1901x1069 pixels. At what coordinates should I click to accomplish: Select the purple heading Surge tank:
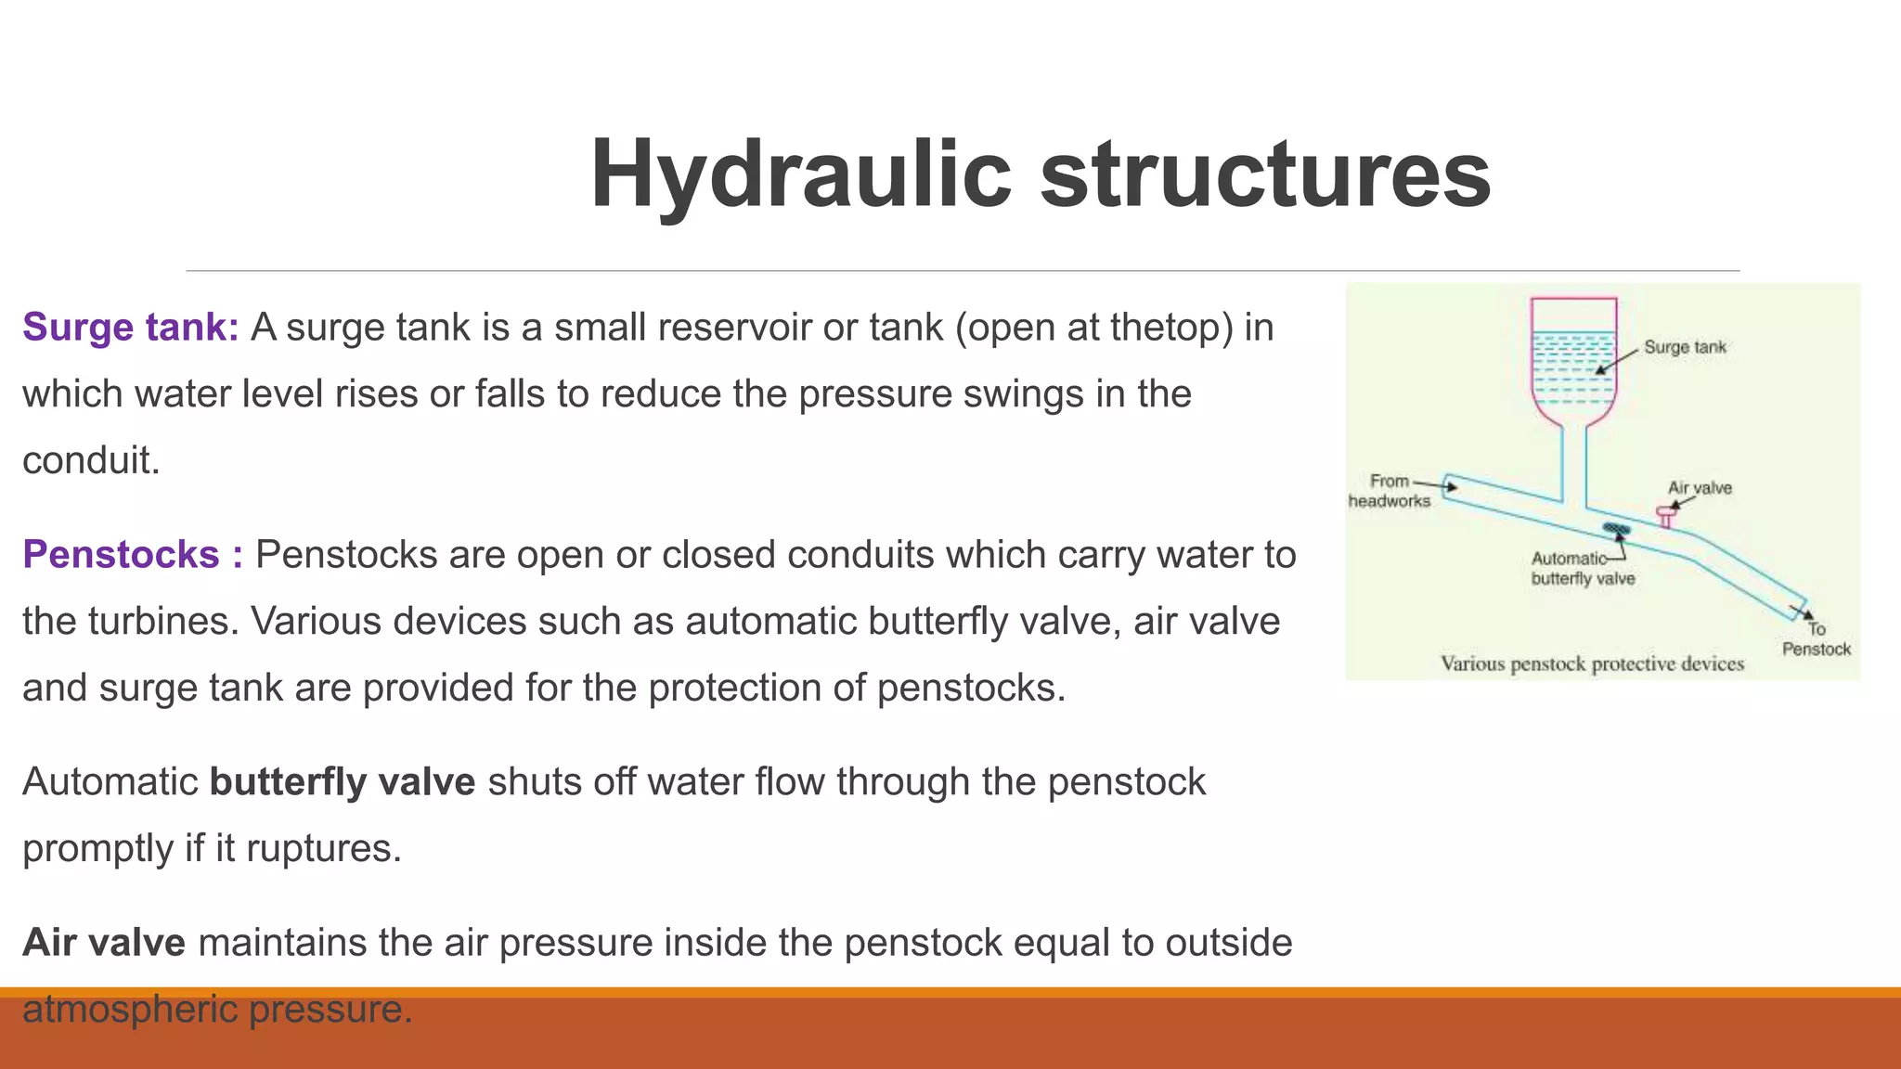[x=131, y=328]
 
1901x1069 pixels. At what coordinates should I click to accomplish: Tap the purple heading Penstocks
[x=122, y=555]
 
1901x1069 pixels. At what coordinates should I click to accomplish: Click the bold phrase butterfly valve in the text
[x=343, y=782]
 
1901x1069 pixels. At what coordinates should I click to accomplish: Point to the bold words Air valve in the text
[x=104, y=943]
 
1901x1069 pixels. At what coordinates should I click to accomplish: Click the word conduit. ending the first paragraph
[x=91, y=461]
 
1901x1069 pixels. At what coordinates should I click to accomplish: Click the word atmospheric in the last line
[x=131, y=1010]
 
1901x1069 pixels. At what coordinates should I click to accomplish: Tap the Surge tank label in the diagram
[x=1685, y=347]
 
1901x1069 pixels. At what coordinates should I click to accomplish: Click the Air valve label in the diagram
[x=1700, y=488]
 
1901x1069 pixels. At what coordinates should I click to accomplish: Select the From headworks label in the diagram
[x=1390, y=491]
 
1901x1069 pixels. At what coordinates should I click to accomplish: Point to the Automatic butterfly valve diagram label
[x=1582, y=569]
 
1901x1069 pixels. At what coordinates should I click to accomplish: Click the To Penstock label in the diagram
[x=1817, y=639]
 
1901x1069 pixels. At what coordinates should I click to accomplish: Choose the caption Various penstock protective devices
[x=1592, y=664]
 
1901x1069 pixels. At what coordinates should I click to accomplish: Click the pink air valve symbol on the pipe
[x=1666, y=514]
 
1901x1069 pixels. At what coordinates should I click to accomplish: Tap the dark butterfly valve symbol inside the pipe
[x=1617, y=530]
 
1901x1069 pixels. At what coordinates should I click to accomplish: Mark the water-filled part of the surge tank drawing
[x=1573, y=371]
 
